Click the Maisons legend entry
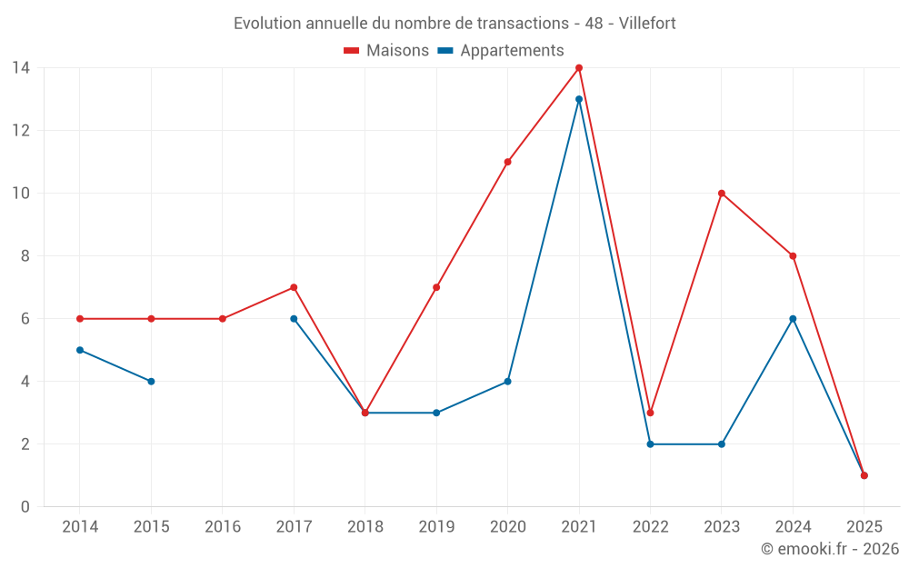386,51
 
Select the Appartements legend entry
501,51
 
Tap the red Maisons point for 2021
579,68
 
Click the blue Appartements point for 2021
579,99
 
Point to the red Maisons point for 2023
722,194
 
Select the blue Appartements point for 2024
793,319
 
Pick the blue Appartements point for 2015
151,382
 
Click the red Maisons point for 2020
507,162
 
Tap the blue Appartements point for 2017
294,319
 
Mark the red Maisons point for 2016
223,319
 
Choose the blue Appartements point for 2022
650,444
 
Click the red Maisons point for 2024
793,256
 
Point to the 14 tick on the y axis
20,67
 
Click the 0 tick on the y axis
25,507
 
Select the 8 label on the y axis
25,256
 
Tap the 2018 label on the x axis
365,527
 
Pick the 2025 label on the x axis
864,527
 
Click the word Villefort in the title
647,24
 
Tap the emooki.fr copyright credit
830,549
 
